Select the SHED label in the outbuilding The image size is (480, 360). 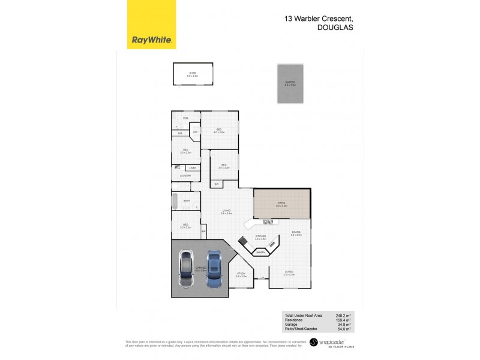click(x=191, y=73)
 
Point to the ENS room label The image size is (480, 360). click(x=185, y=118)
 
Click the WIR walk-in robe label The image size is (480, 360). click(x=195, y=131)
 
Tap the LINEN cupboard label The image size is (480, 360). click(x=193, y=167)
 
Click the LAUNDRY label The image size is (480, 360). click(x=186, y=175)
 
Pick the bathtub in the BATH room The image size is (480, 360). click(x=176, y=201)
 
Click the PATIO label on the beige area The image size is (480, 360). click(x=281, y=204)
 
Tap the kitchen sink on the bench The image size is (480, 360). click(x=268, y=223)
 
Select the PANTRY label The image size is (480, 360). click(x=260, y=252)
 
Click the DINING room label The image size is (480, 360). click(x=296, y=232)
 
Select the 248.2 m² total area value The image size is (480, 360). click(x=343, y=315)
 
